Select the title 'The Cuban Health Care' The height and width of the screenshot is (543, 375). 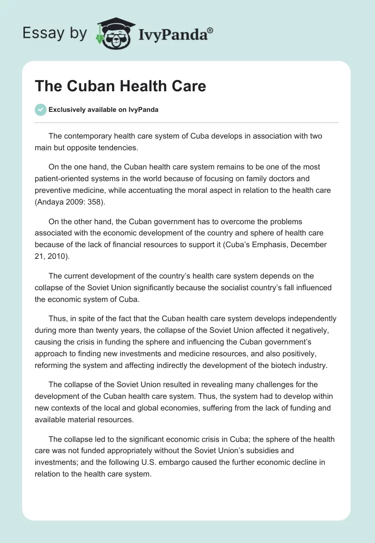pyautogui.click(x=120, y=86)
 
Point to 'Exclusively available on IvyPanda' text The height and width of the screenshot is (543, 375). pyautogui.click(x=104, y=110)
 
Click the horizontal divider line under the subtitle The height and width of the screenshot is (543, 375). pyautogui.click(x=187, y=123)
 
